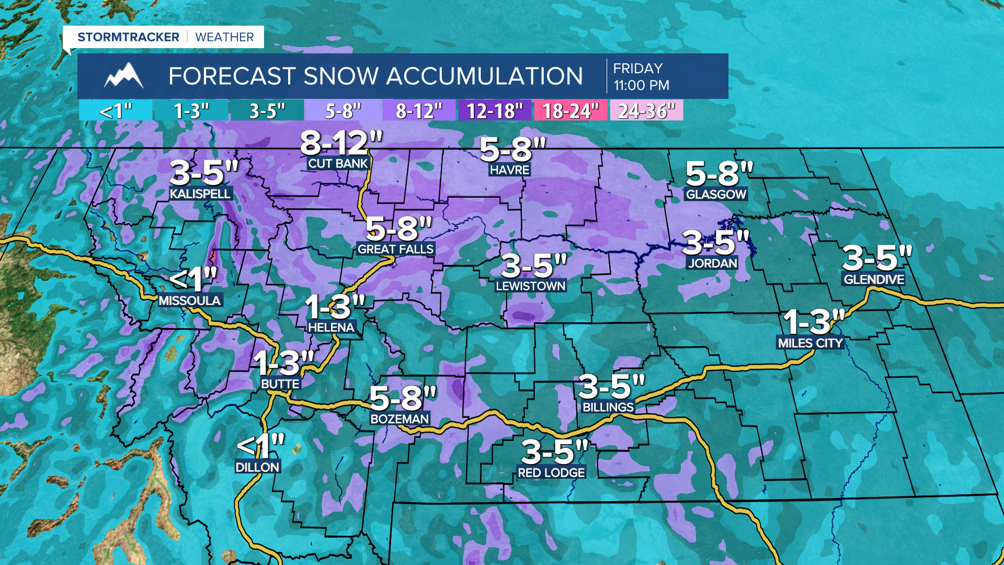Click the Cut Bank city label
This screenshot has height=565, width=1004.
338,164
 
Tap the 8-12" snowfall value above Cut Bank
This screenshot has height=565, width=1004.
341,142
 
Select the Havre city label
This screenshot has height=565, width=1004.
509,170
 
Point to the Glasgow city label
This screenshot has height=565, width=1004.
716,195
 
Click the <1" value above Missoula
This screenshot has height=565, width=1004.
192,279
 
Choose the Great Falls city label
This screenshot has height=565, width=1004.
395,250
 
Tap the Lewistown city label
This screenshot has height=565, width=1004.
530,286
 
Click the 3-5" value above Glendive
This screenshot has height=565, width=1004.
876,258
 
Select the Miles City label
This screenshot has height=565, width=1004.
810,343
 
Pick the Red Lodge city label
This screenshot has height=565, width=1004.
551,473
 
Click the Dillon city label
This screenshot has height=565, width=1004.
257,467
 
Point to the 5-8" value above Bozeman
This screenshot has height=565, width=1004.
402,399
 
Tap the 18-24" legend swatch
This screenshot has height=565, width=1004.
570,111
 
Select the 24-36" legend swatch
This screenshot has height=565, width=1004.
646,111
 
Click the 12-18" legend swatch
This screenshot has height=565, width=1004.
494,111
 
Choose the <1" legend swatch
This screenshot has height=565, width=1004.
116,111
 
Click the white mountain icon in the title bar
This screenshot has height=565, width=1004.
123,76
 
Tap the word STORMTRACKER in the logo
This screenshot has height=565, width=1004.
128,37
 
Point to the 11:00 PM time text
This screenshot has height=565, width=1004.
641,85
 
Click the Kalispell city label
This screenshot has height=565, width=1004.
200,194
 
